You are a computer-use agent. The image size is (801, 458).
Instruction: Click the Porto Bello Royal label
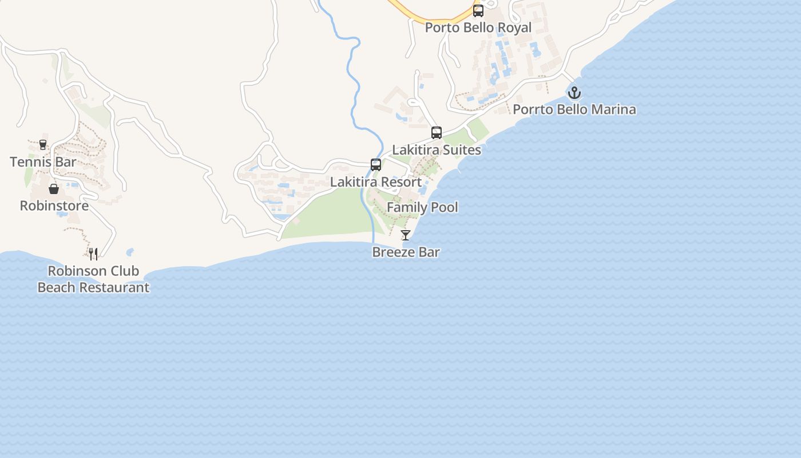tap(478, 27)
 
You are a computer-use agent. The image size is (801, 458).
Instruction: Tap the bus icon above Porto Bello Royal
tap(478, 10)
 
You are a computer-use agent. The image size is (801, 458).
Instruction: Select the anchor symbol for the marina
tap(574, 92)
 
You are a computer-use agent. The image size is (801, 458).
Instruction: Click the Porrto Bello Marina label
tap(574, 109)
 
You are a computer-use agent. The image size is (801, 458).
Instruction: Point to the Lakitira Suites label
tap(437, 150)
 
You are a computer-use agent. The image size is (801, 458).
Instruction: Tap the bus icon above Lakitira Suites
tap(437, 133)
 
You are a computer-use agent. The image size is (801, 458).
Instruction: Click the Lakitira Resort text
tap(376, 182)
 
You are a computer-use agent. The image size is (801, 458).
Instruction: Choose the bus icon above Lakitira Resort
tap(376, 165)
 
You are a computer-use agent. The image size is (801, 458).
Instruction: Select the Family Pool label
tap(422, 207)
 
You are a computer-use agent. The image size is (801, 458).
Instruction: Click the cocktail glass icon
tap(406, 235)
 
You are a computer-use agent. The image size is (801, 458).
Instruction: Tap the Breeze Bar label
tap(406, 252)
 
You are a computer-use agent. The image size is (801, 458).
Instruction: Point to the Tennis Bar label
tap(43, 162)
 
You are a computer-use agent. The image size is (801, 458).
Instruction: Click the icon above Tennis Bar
tap(43, 145)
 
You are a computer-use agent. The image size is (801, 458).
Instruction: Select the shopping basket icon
tap(54, 189)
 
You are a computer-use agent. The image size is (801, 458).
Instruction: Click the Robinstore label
tap(54, 206)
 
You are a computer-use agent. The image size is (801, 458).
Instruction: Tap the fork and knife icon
tap(93, 254)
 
